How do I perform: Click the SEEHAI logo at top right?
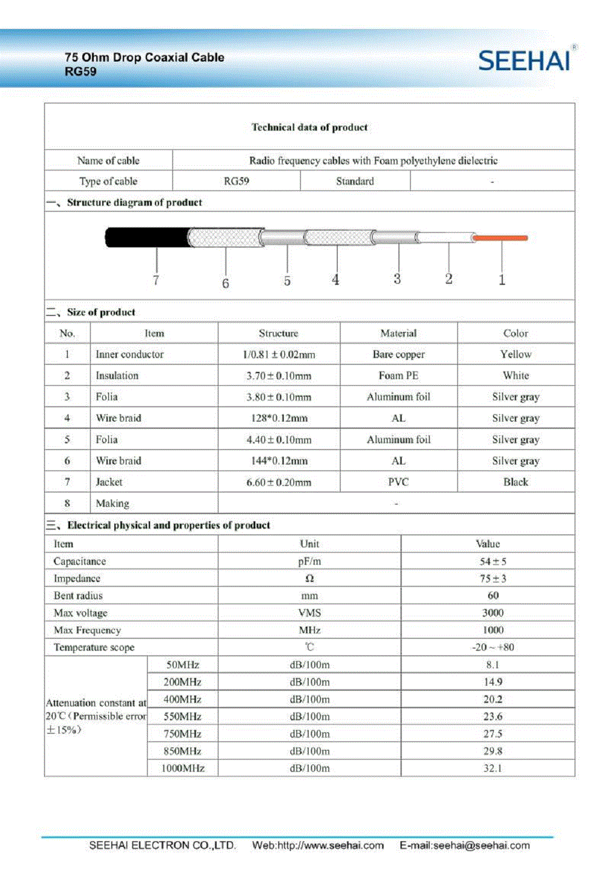tap(524, 61)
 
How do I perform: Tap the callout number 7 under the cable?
tap(156, 280)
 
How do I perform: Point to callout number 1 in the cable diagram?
tap(502, 279)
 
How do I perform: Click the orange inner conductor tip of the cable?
tap(500, 238)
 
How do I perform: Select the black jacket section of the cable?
tap(146, 238)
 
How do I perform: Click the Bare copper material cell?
tap(398, 354)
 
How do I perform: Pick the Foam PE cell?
tap(398, 376)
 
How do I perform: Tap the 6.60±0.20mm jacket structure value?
tap(278, 482)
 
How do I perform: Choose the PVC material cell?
tap(398, 482)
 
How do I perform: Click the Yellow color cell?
tap(515, 354)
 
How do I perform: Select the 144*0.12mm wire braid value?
tap(278, 461)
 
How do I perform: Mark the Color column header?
tap(515, 333)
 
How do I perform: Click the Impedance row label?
tap(77, 579)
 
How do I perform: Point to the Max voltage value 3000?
tap(492, 613)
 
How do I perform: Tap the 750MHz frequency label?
tap(182, 734)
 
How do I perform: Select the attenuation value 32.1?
tap(492, 768)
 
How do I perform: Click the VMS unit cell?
tap(309, 613)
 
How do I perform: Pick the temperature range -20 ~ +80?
tap(492, 647)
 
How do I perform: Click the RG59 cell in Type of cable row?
tap(236, 181)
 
